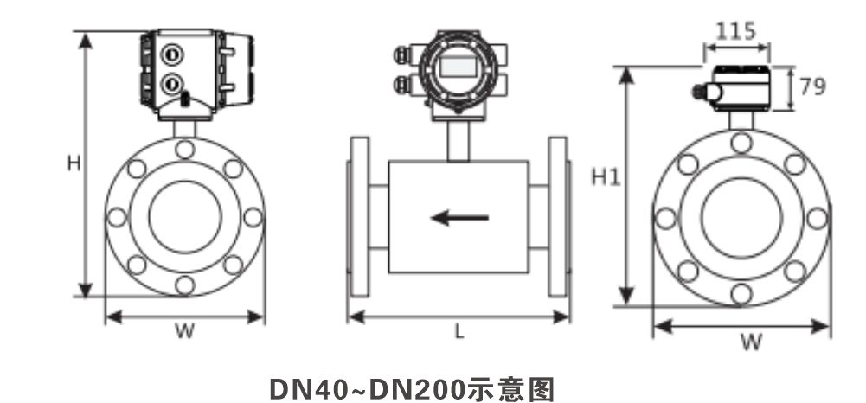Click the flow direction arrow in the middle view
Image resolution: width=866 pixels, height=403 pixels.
[x=459, y=218]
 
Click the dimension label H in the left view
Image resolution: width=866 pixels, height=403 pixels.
[x=74, y=163]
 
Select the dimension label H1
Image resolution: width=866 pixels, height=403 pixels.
[x=606, y=177]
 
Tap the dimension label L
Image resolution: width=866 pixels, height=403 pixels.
[x=459, y=331]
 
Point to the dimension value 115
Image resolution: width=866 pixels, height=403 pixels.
[x=735, y=31]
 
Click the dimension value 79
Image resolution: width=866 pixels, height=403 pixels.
[x=812, y=86]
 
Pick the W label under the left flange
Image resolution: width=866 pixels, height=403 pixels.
[x=185, y=331]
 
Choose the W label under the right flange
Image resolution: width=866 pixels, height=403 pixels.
[x=751, y=342]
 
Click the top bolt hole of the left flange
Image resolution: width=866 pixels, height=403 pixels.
[x=184, y=149]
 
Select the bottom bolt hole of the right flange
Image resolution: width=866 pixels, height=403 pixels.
[x=741, y=293]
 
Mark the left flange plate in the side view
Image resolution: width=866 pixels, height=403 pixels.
[x=359, y=217]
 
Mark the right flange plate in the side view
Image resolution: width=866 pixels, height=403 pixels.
[x=558, y=217]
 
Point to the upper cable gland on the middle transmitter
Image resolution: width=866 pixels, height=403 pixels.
[x=404, y=54]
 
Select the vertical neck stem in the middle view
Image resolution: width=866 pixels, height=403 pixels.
[x=458, y=141]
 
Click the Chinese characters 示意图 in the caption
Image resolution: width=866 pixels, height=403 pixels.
[x=510, y=389]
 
